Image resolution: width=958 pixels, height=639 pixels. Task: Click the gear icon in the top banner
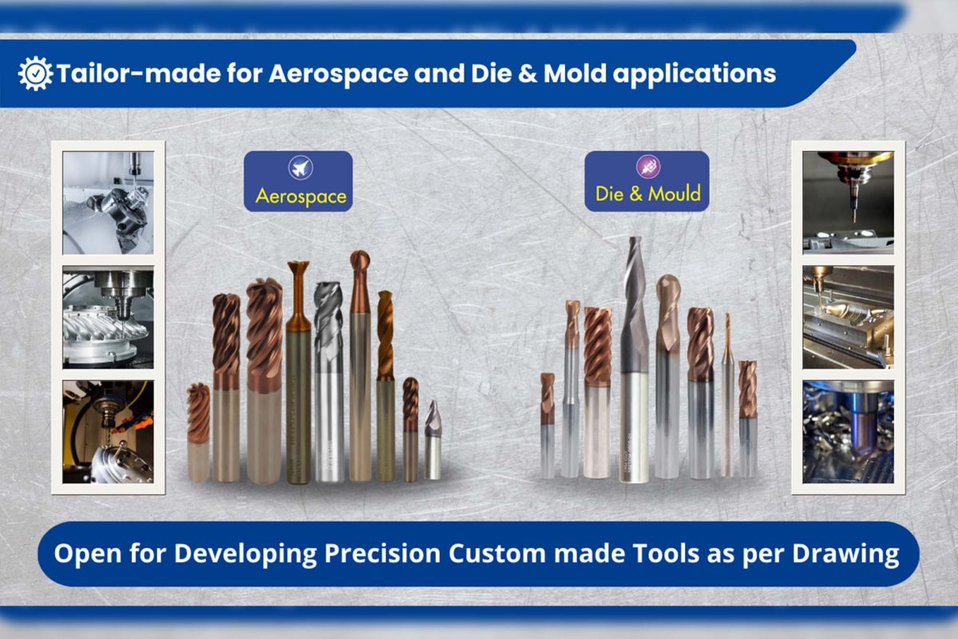tap(35, 73)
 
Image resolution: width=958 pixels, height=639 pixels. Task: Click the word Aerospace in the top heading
tap(338, 73)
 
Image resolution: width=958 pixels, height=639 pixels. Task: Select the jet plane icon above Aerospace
tap(300, 168)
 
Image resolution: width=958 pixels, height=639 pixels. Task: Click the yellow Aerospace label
tap(301, 196)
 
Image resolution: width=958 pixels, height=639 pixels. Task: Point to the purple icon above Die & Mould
tap(648, 166)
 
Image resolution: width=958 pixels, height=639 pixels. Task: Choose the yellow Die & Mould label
tap(648, 194)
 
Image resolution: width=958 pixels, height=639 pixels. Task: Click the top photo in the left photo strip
tap(109, 202)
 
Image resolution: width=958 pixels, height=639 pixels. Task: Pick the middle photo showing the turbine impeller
tap(109, 317)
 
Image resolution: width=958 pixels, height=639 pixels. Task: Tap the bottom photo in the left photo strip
tap(109, 432)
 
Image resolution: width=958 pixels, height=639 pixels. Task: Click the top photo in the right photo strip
tap(848, 202)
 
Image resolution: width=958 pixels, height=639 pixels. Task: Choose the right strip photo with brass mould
tap(848, 317)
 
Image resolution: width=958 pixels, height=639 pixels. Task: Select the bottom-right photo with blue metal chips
tap(848, 432)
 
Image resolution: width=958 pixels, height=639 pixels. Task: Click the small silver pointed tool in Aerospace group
tap(433, 440)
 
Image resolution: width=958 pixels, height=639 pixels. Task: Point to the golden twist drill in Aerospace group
tap(386, 386)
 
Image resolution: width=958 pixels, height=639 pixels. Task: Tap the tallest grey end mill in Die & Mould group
tap(634, 359)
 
